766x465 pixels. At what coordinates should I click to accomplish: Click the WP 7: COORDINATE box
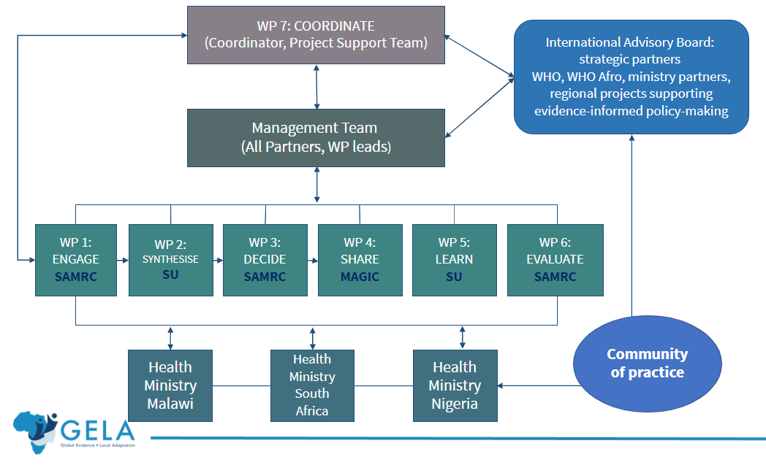[x=316, y=34]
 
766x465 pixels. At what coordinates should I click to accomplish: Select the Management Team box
[x=316, y=137]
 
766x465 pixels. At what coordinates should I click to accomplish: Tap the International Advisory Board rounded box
[x=631, y=77]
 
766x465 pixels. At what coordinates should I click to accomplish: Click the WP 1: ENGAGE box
[x=76, y=259]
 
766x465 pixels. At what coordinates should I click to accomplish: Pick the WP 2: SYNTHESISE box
[x=170, y=259]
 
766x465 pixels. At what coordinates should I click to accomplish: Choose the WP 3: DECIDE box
[x=265, y=259]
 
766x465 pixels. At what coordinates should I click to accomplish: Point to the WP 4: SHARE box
[x=360, y=259]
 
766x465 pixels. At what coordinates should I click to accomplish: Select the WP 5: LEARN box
[x=455, y=259]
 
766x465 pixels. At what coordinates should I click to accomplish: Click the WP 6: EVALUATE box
[x=555, y=259]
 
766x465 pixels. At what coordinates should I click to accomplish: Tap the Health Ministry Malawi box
[x=170, y=385]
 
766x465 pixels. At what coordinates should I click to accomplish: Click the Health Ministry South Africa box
[x=312, y=385]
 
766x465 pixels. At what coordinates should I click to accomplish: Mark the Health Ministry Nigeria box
[x=455, y=385]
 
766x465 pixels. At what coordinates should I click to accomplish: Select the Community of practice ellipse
[x=647, y=363]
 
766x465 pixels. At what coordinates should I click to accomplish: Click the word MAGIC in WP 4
[x=360, y=277]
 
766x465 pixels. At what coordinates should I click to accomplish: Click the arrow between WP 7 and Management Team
[x=316, y=86]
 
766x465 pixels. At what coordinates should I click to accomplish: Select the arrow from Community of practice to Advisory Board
[x=631, y=226]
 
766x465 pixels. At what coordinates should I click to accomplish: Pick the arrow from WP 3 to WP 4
[x=313, y=259]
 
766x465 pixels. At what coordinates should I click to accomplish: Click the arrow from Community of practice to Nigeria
[x=537, y=385]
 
